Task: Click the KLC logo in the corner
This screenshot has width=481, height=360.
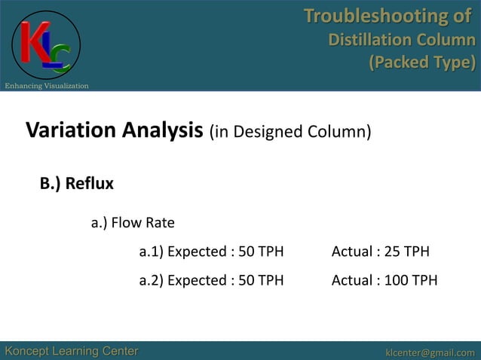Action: click(x=45, y=44)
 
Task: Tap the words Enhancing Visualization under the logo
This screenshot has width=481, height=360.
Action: click(x=47, y=86)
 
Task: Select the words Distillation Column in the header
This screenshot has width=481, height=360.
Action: click(x=402, y=39)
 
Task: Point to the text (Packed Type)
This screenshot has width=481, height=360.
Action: click(x=421, y=62)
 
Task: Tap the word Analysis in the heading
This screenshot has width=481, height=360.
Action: click(x=159, y=130)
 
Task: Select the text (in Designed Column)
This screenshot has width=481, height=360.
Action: click(x=290, y=133)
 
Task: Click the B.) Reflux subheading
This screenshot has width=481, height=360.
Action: click(x=76, y=183)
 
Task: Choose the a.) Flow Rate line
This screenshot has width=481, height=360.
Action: click(x=133, y=223)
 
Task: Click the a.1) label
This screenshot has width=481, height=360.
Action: click(x=151, y=252)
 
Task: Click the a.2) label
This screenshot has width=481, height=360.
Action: click(x=151, y=281)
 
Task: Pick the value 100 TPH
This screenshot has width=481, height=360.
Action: click(x=410, y=281)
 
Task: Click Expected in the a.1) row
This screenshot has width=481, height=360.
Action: click(x=196, y=252)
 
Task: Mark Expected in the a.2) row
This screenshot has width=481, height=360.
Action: click(x=196, y=281)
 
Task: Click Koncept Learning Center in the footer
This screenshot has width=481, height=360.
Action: click(x=72, y=351)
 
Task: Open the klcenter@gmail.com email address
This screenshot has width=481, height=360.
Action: click(x=430, y=352)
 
